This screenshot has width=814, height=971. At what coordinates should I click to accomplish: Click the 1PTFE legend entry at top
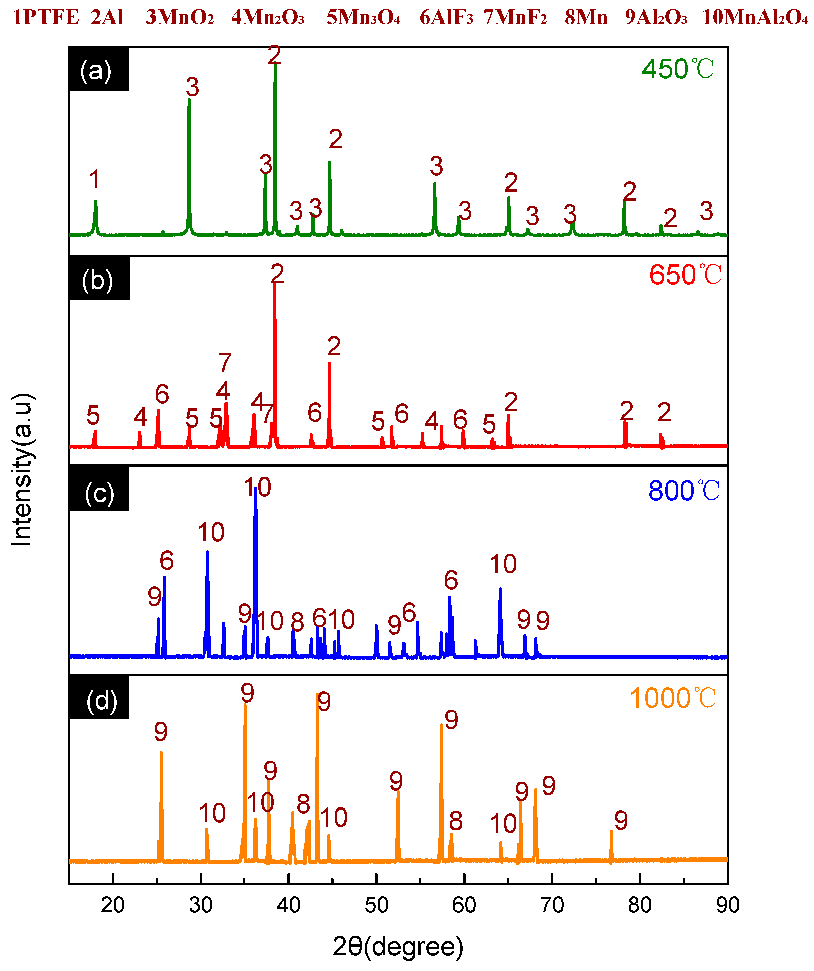click(x=46, y=18)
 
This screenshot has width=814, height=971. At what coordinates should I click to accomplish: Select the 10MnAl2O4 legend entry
click(x=755, y=18)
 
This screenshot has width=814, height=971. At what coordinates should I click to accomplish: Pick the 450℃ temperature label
click(x=678, y=69)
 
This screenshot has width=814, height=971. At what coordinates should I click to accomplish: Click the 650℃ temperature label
click(x=685, y=275)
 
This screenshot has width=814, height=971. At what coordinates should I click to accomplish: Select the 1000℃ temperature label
click(x=673, y=698)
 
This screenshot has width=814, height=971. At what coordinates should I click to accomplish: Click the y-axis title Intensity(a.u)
click(x=22, y=469)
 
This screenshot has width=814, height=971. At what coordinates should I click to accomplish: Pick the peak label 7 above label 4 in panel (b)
click(x=225, y=363)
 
